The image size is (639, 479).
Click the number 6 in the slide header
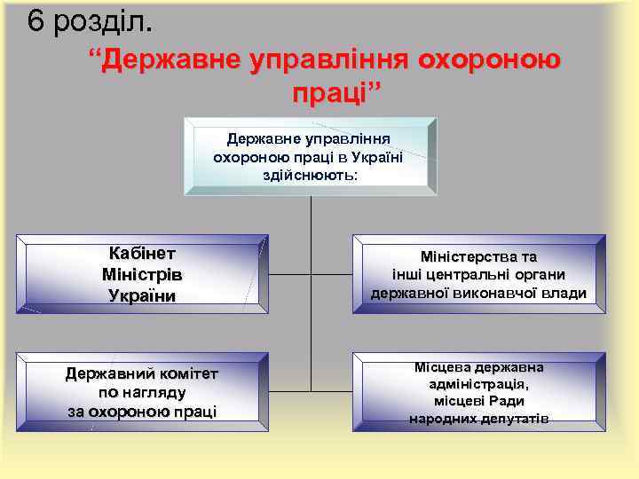(35, 20)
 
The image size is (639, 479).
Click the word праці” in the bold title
(335, 93)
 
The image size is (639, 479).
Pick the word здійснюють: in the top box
(311, 175)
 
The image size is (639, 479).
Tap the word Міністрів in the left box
(143, 274)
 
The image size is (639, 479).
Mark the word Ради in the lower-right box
(520, 401)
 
